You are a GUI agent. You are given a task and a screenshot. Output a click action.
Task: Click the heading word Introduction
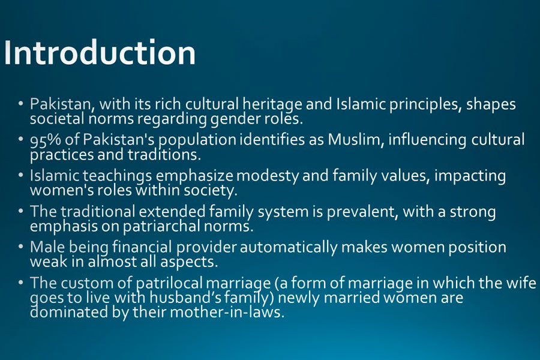[100, 53]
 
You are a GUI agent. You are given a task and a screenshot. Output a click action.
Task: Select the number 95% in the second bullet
[46, 140]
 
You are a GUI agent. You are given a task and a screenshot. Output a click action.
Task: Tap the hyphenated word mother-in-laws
[227, 313]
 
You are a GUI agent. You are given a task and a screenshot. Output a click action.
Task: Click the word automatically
[289, 248]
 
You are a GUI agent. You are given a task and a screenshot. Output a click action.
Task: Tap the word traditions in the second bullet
[164, 155]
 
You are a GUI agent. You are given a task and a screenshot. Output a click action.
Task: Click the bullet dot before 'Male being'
[21, 247]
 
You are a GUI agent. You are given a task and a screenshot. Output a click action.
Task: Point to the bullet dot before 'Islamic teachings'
[21, 175]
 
